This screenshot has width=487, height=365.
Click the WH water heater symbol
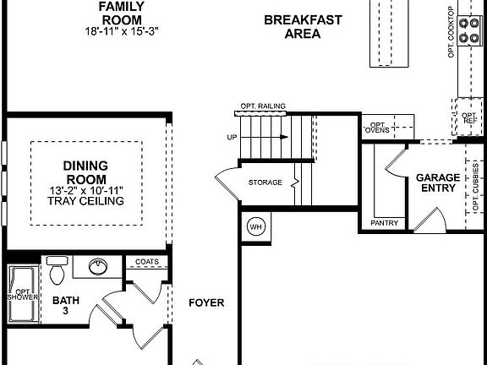(x=256, y=226)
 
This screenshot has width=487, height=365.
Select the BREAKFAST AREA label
(x=292, y=27)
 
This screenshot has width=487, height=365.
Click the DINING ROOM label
(x=86, y=172)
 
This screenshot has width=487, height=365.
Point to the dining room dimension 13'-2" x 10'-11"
(x=86, y=190)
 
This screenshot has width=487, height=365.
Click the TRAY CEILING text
(x=86, y=201)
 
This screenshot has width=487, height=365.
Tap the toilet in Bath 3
(x=57, y=271)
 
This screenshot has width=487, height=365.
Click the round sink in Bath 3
(x=99, y=268)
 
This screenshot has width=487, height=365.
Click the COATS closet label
(x=146, y=262)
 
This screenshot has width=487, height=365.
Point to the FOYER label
(x=205, y=302)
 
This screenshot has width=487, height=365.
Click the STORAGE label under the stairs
(x=265, y=182)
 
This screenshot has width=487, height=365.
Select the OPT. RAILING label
(x=263, y=106)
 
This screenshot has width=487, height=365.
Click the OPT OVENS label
(x=377, y=126)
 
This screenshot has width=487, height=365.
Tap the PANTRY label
(x=385, y=223)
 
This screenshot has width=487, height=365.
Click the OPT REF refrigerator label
(x=468, y=117)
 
